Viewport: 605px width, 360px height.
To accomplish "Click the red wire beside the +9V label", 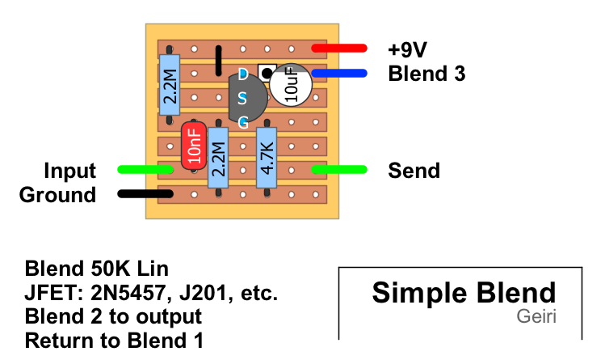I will coord(340,49).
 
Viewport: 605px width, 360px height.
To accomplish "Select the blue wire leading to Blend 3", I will coord(340,74).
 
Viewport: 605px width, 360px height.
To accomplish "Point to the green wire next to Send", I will coord(340,170).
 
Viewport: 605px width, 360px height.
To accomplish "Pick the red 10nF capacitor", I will coord(193,146).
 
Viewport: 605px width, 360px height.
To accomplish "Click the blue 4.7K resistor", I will coord(267,156).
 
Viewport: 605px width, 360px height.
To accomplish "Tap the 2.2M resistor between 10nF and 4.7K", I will coord(218,156).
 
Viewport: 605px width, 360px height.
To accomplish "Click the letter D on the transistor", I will coord(243,75).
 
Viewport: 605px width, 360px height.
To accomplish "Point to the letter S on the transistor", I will coord(243,99).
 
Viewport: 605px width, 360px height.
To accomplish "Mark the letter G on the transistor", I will coord(243,123).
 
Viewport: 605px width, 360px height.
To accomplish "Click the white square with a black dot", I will coord(266,74).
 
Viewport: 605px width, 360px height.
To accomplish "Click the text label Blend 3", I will coord(426,74).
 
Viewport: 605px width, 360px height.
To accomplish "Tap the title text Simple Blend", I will coord(464,293).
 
